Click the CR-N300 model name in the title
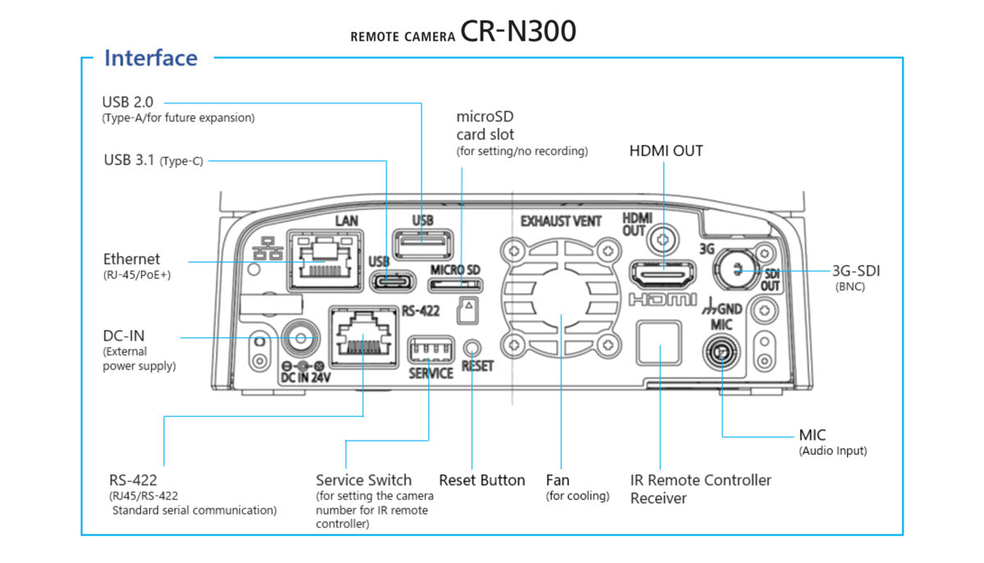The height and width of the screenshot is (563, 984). [x=517, y=30]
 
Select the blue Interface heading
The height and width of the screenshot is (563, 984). [x=151, y=58]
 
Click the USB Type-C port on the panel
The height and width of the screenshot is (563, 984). [x=397, y=281]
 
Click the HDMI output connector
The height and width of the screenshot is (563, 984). [x=662, y=273]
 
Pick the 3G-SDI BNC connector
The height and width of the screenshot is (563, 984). [x=736, y=266]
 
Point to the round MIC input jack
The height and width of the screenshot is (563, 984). [x=721, y=355]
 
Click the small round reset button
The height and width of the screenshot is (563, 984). [x=472, y=347]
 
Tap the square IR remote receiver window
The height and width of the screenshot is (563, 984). [x=659, y=342]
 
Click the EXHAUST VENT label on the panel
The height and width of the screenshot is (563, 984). [x=561, y=221]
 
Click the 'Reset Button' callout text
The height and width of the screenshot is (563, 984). [x=481, y=480]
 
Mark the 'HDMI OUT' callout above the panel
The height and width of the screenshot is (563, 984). [x=666, y=151]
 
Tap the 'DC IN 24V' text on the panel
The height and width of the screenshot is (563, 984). [x=305, y=378]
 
